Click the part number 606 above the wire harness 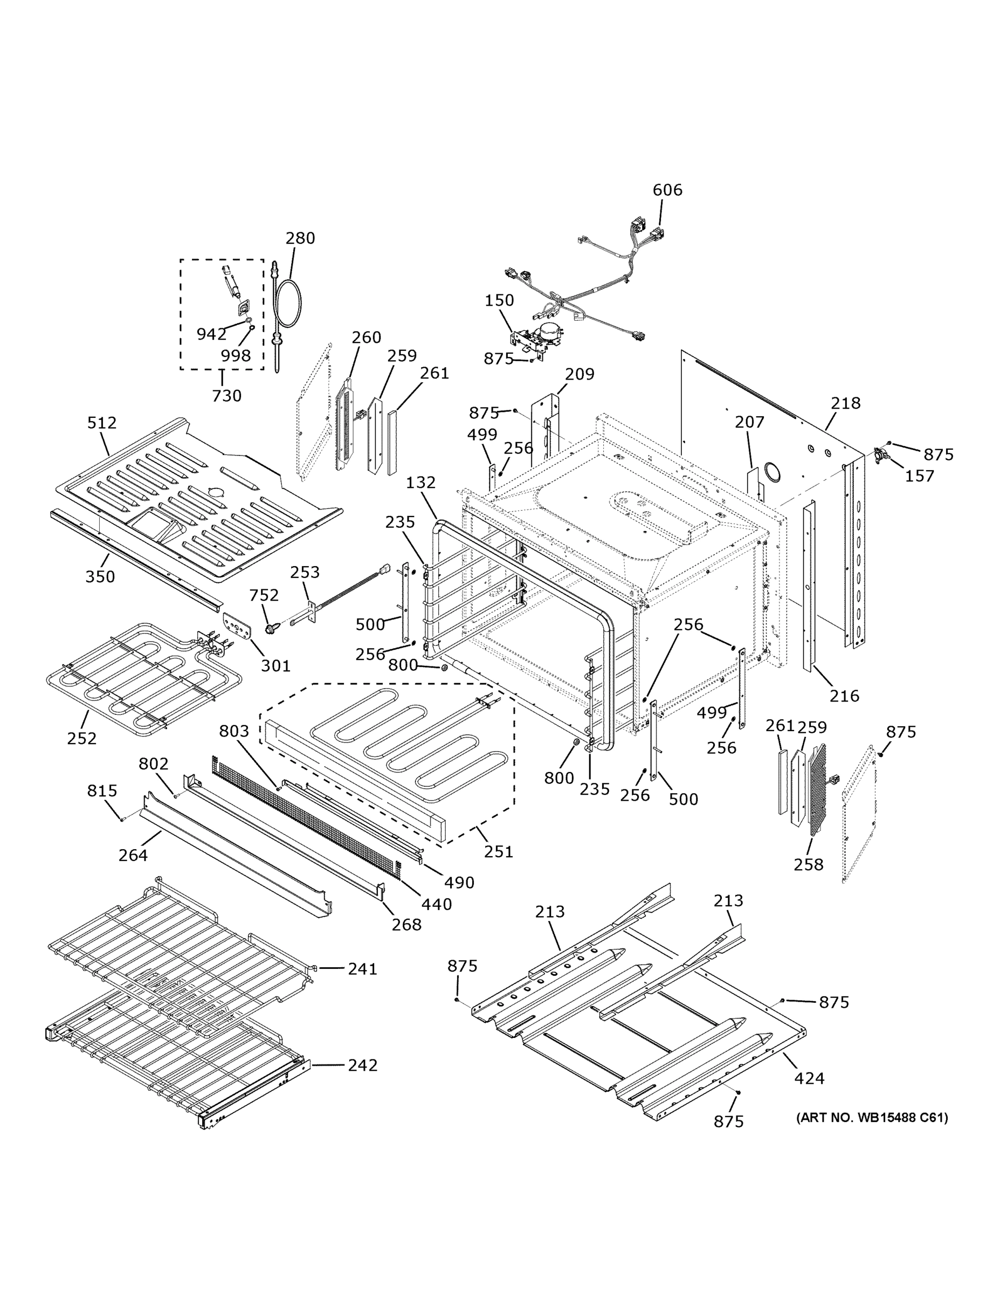tap(667, 190)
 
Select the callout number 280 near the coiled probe tap(300, 238)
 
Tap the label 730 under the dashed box tap(226, 395)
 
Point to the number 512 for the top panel tap(102, 423)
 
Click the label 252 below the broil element tap(82, 738)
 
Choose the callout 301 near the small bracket tap(275, 665)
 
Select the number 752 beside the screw tap(264, 594)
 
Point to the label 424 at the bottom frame tap(809, 1078)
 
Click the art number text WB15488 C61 tap(872, 1118)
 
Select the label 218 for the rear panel tap(845, 403)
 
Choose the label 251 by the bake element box tap(498, 851)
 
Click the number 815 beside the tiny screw tap(102, 790)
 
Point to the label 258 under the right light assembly tap(809, 864)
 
